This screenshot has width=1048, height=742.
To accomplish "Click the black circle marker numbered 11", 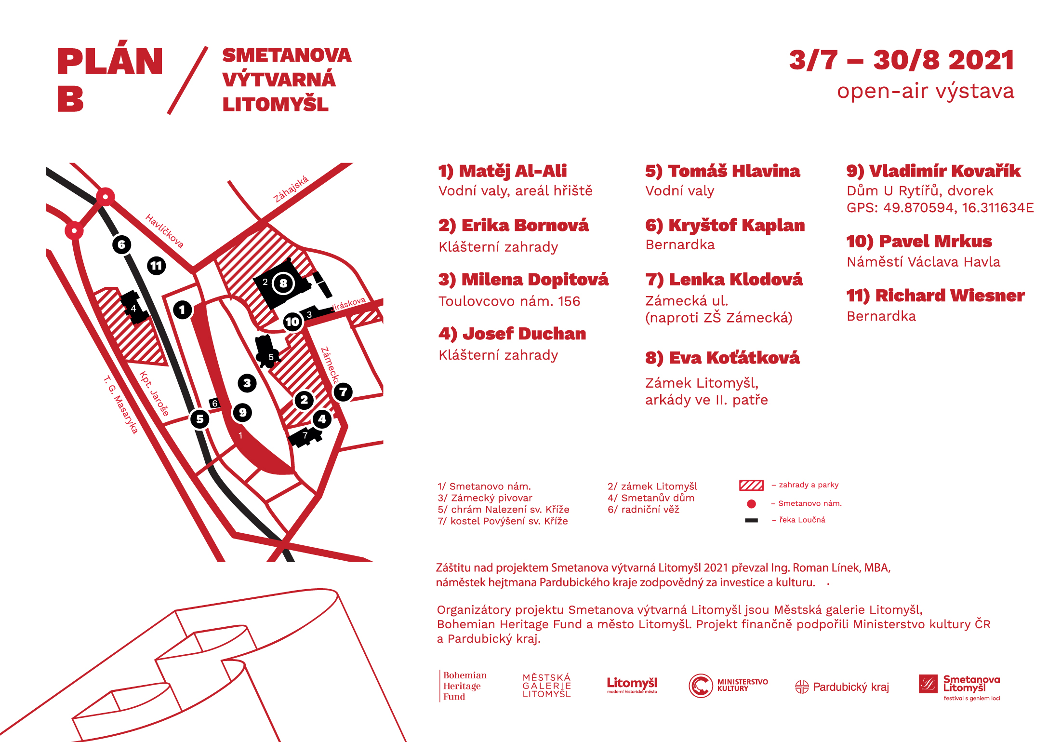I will click(156, 266).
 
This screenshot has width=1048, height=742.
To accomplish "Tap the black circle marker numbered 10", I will click(292, 322).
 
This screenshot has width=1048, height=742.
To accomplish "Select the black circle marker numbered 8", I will click(283, 283).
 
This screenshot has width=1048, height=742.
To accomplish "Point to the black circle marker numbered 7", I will click(343, 391).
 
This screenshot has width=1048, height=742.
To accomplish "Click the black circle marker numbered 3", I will click(247, 383).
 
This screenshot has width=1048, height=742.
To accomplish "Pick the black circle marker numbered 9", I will click(242, 412).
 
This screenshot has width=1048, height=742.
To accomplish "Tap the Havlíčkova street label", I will click(165, 231).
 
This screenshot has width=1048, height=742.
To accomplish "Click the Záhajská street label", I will click(291, 189).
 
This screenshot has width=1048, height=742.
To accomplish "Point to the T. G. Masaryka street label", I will click(120, 405).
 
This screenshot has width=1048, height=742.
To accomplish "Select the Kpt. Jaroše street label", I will click(154, 393).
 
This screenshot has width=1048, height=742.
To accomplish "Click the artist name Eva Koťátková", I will click(722, 358).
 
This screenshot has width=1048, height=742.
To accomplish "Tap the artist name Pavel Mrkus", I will click(919, 241).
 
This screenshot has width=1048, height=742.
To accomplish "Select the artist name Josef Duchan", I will click(512, 334).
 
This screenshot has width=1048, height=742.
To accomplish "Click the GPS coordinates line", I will click(940, 208).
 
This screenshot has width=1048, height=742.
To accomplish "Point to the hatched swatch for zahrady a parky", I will click(751, 485).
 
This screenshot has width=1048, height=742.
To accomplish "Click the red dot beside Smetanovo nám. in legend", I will click(751, 504).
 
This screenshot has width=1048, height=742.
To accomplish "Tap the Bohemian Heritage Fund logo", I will click(463, 686).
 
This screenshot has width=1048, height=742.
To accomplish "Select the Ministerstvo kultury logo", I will click(728, 685).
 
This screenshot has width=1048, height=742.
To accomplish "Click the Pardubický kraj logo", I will click(842, 687).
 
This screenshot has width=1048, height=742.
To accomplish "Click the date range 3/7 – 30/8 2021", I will click(902, 60).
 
